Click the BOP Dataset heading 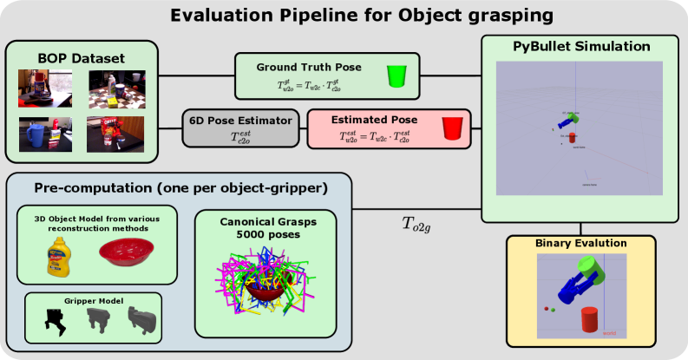pyautogui.click(x=82, y=58)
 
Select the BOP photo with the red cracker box pyautogui.click(x=115, y=134)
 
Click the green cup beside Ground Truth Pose pyautogui.click(x=396, y=75)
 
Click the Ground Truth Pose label pyautogui.click(x=309, y=67)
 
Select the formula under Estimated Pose pyautogui.click(x=374, y=135)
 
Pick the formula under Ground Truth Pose pyautogui.click(x=309, y=83)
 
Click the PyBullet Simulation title pyautogui.click(x=580, y=45)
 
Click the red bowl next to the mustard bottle pyautogui.click(x=128, y=252)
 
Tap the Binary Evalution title pyautogui.click(x=580, y=243)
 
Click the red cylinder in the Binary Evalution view pyautogui.click(x=587, y=320)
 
